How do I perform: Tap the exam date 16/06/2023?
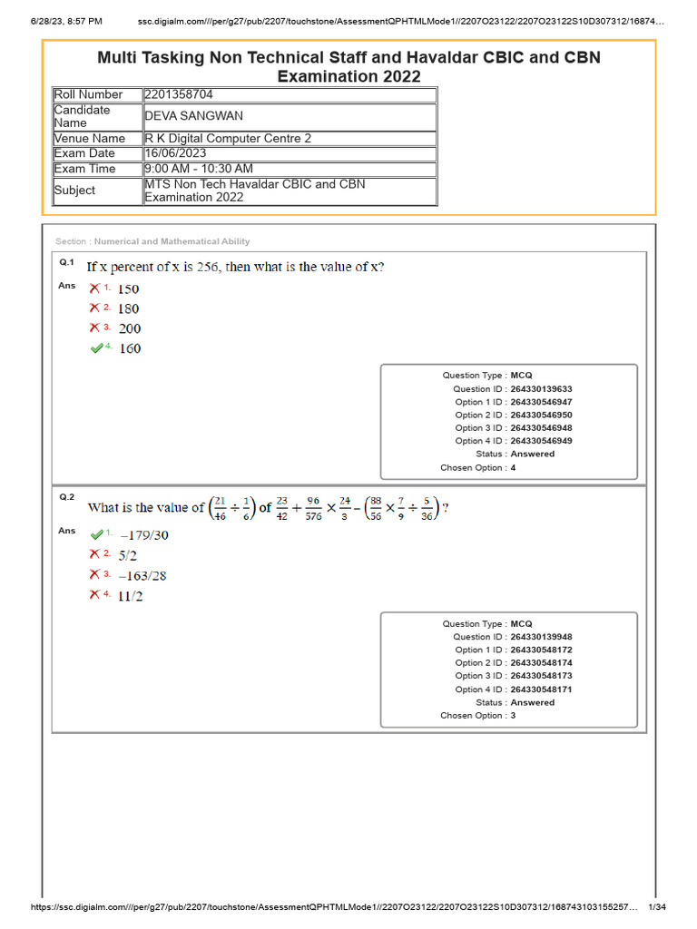[175, 153]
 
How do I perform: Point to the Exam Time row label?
[84, 169]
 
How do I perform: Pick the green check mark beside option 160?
[97, 348]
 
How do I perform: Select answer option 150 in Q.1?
[129, 289]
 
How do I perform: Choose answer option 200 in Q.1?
[129, 328]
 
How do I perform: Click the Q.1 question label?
[66, 262]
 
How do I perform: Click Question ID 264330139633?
[541, 388]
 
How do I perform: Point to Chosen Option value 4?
[513, 467]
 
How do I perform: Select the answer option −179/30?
[143, 535]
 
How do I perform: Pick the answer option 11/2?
[131, 596]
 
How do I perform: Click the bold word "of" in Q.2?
[265, 508]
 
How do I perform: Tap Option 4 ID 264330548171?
[541, 689]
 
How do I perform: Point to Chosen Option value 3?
[513, 715]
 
